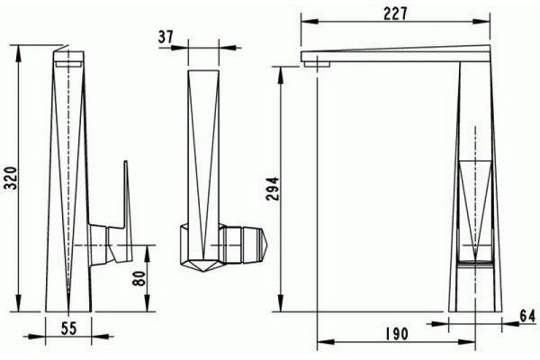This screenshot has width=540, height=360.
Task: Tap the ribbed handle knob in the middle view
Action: tap(243, 242)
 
